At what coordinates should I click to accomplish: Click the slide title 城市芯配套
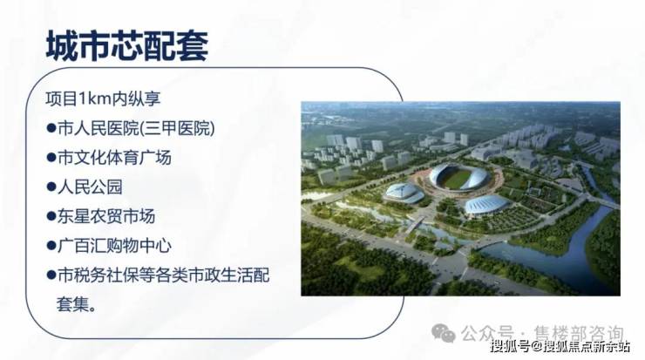(127, 45)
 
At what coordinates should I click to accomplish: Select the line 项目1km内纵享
(103, 98)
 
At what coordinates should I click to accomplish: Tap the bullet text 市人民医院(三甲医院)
(136, 128)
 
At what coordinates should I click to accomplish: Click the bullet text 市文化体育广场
(114, 158)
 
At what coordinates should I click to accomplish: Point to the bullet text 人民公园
(90, 187)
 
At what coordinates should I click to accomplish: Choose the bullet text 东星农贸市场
(106, 216)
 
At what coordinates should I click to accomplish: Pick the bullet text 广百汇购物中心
(114, 246)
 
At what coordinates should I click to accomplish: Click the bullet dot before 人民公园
(51, 187)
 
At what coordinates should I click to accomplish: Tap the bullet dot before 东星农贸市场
(51, 216)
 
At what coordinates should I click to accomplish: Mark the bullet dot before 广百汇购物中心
(51, 246)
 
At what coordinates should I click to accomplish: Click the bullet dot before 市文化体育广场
(51, 158)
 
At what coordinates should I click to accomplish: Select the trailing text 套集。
(77, 304)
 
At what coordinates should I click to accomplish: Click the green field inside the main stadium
(456, 180)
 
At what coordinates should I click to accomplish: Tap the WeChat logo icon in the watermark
(444, 332)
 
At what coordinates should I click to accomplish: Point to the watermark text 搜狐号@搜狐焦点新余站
(560, 346)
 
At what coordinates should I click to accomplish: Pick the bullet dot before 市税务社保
(51, 275)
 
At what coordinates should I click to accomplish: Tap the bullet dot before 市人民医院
(51, 128)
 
